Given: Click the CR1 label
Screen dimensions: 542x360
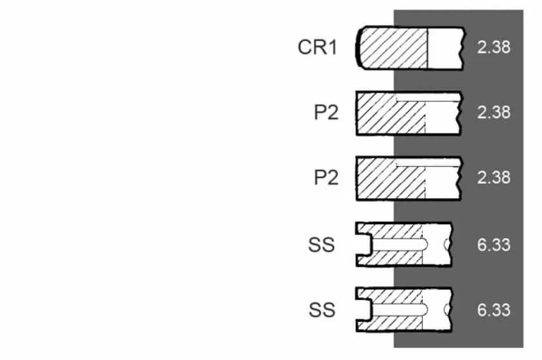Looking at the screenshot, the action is click(318, 47).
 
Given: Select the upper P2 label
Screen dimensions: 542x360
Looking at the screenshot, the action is click(326, 112).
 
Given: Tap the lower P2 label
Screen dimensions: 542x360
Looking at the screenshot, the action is click(326, 178).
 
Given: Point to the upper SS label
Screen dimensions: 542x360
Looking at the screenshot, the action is click(321, 245).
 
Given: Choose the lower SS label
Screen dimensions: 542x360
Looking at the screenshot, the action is click(322, 310).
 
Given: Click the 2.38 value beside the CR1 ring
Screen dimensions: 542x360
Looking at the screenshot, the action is click(494, 47).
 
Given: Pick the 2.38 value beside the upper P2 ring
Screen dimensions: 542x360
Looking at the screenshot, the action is click(494, 112).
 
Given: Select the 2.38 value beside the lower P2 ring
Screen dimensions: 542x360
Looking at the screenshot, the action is click(494, 177).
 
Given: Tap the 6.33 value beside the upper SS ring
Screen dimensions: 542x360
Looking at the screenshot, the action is click(494, 245).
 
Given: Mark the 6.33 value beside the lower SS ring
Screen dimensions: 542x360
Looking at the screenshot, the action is click(494, 310).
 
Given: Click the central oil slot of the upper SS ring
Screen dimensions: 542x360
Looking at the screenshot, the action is click(399, 245).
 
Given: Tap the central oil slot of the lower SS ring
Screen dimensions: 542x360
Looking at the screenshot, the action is click(399, 310).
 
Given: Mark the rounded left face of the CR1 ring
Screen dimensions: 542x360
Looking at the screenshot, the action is click(358, 48).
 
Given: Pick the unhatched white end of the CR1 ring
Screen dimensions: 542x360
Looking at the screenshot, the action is click(445, 48).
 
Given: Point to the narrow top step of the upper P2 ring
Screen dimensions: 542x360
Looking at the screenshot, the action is click(428, 97).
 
